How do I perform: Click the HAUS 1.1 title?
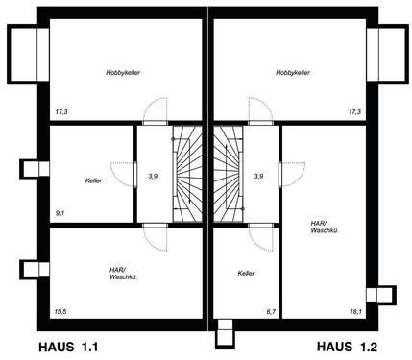68,346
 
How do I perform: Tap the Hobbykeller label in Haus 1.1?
124,72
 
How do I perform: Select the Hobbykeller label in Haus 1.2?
293,72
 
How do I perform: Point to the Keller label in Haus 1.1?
93,180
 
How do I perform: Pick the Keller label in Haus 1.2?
247,274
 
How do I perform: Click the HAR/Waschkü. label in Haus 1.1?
123,274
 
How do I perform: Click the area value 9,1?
61,212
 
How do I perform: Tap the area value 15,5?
61,311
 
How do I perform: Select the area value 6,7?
271,311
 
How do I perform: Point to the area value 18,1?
354,311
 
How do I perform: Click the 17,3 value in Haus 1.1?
61,112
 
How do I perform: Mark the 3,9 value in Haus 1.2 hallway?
257,177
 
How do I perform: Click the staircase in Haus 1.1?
187,173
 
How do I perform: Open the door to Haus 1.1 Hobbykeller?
156,110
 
